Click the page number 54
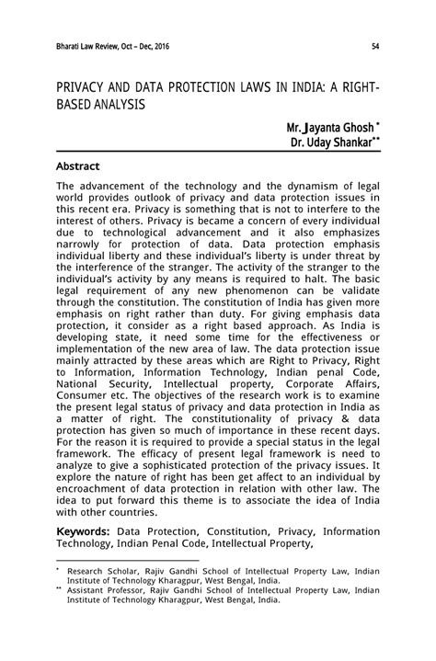(x=375, y=46)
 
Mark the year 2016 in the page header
(x=158, y=46)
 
